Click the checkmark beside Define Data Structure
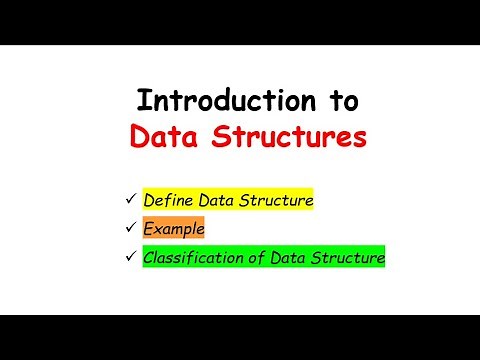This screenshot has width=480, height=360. point(131,200)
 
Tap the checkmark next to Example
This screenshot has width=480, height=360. point(131,229)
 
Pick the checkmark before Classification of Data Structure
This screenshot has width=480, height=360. point(131,257)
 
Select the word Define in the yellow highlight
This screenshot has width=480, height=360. point(167,200)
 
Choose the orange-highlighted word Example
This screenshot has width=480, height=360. point(174,229)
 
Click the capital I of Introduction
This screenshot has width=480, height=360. point(141,101)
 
